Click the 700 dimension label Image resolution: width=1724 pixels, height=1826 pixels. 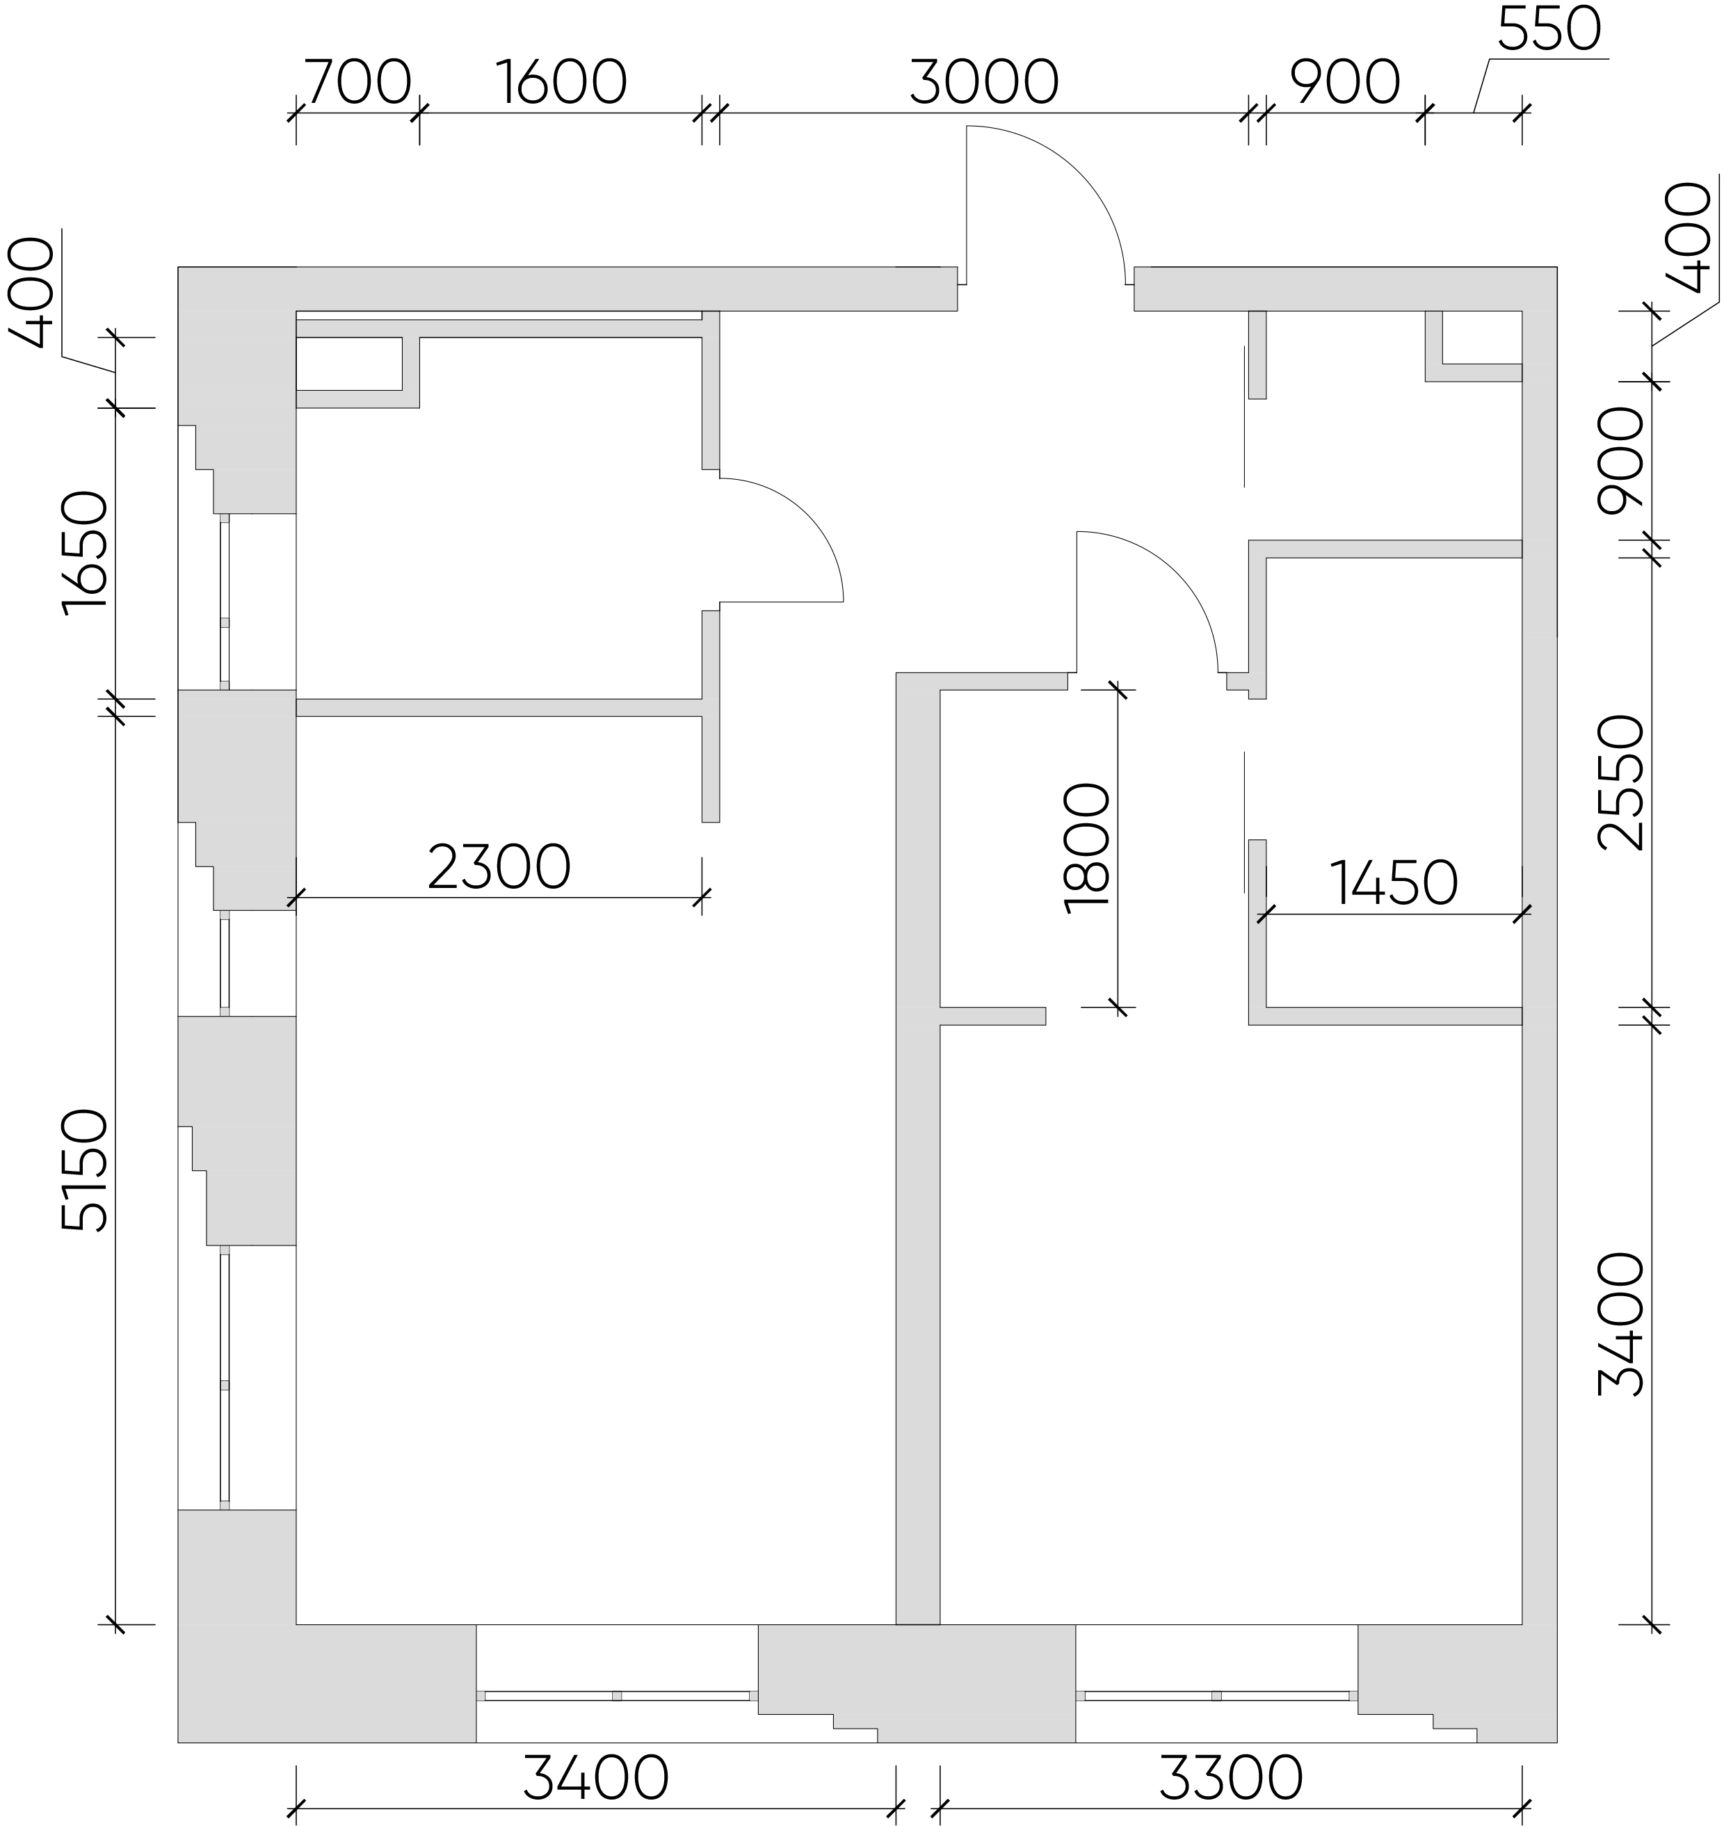pos(357,83)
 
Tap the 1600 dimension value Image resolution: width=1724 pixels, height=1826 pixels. pos(561,83)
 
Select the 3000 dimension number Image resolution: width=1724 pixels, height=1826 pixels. pos(984,83)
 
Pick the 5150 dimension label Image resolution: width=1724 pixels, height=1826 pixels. pos(86,1170)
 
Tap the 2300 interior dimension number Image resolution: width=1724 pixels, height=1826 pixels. pos(499,868)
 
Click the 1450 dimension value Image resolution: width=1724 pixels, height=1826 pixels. pos(1393,883)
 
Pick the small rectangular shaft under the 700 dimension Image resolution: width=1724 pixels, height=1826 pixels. pos(349,364)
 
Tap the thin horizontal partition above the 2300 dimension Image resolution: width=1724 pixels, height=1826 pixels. pos(499,708)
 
